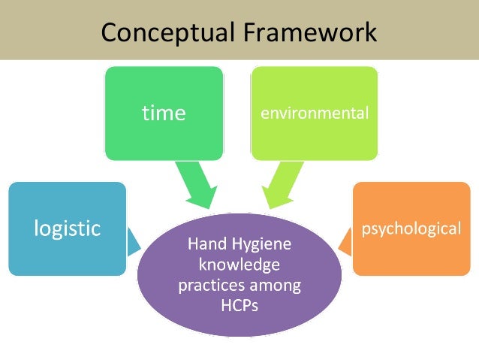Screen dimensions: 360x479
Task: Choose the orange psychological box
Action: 411,249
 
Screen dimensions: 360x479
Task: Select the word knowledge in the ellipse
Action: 239,265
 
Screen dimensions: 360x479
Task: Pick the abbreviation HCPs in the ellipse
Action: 239,306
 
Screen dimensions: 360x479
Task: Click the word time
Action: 164,113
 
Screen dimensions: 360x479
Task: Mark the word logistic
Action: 67,228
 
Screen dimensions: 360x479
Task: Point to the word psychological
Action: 411,228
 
